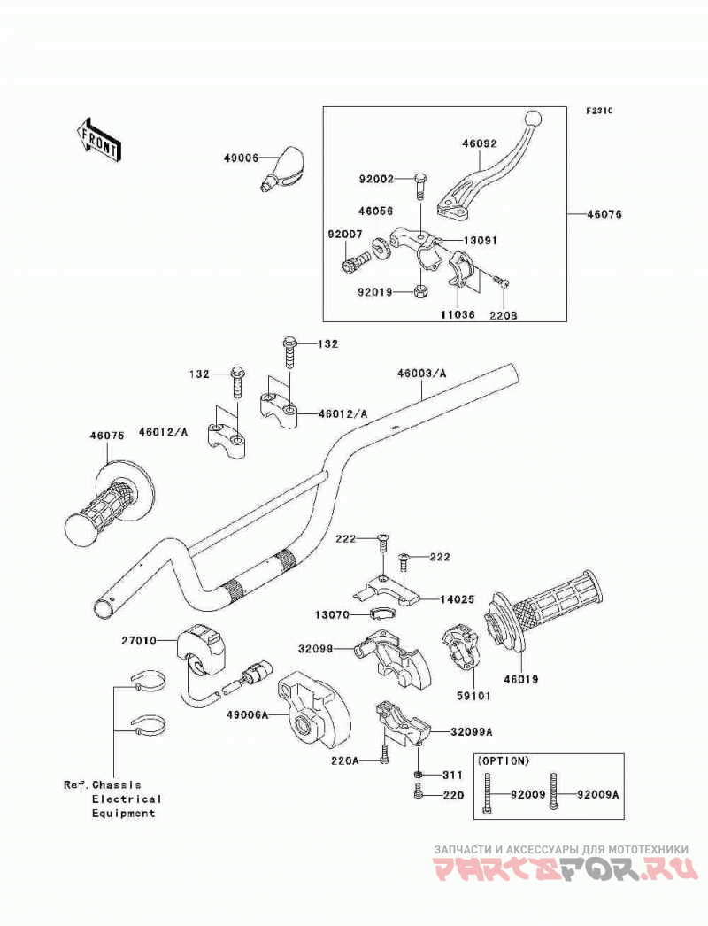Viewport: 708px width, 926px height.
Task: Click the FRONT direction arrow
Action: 99,139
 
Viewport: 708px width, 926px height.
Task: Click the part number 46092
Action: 479,143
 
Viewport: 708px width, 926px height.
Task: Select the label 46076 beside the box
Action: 604,213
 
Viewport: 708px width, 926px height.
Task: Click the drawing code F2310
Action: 599,111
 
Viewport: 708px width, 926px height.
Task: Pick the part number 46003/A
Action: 421,374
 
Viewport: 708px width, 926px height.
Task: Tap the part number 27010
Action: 139,640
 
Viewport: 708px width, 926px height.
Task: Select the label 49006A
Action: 247,714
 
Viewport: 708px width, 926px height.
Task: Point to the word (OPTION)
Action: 503,761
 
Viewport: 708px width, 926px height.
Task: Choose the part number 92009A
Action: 598,795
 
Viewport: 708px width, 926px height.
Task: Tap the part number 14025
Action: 457,599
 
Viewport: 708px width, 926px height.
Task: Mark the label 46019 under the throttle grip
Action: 520,680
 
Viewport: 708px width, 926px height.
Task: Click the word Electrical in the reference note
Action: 127,799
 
